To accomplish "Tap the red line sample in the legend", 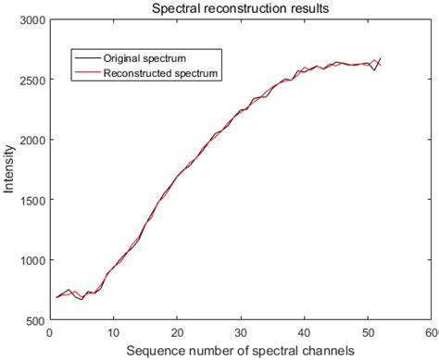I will [x=86, y=73].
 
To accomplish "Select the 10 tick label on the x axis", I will [x=113, y=331].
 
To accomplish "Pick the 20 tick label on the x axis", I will [x=177, y=331].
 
